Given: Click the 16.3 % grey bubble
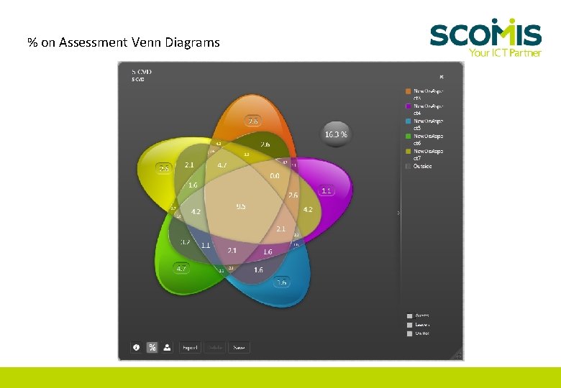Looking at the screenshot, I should coord(336,134).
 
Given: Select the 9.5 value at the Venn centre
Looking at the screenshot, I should coord(241,206).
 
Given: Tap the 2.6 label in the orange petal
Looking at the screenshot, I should coord(252,121).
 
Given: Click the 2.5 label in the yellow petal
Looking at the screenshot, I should coord(164,168).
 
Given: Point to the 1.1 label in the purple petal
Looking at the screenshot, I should coord(327,190).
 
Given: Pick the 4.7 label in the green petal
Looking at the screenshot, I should coord(182,269).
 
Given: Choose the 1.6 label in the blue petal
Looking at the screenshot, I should coord(281,282).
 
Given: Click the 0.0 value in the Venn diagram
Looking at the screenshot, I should coord(275,175).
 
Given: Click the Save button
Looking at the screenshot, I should coord(239,348).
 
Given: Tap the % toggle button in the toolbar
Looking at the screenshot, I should coord(152,347).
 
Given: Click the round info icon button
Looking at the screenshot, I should coord(136,347).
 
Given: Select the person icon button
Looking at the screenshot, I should coord(167,347).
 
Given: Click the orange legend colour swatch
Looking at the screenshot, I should coord(409,91).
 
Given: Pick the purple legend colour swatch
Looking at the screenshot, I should coord(409,106).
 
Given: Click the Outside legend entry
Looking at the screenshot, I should coord(422,166).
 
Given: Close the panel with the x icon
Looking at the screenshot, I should coord(442,77).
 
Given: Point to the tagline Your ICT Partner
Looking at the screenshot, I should coord(504,52).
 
